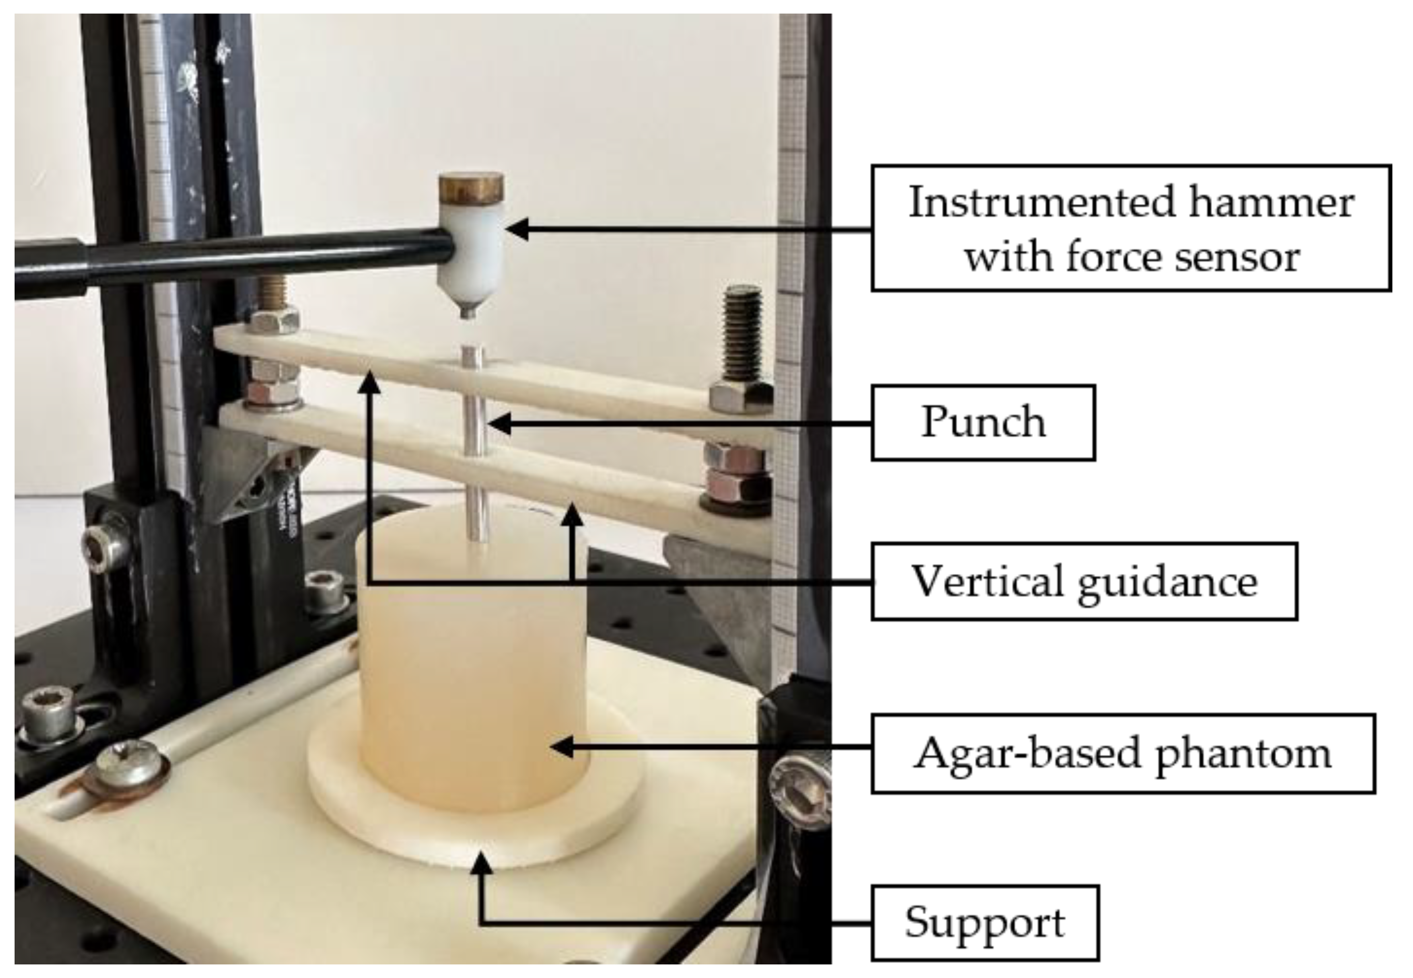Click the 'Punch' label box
(983, 422)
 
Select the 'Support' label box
(985, 922)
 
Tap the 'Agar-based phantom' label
(1122, 753)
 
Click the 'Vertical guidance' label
(1084, 581)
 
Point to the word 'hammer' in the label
(1271, 202)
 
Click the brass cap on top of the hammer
(471, 187)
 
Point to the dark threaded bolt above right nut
(742, 334)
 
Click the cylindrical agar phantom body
(472, 674)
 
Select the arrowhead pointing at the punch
(499, 423)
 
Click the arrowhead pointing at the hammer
(518, 230)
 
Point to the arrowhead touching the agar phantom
(560, 747)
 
